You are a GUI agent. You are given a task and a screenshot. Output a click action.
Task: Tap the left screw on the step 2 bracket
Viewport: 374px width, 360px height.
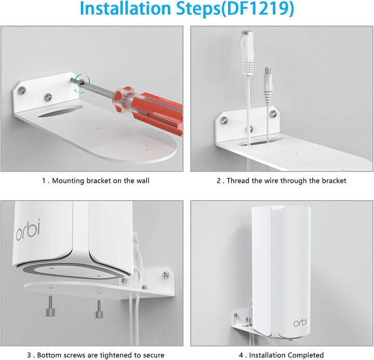click(x=224, y=121)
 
